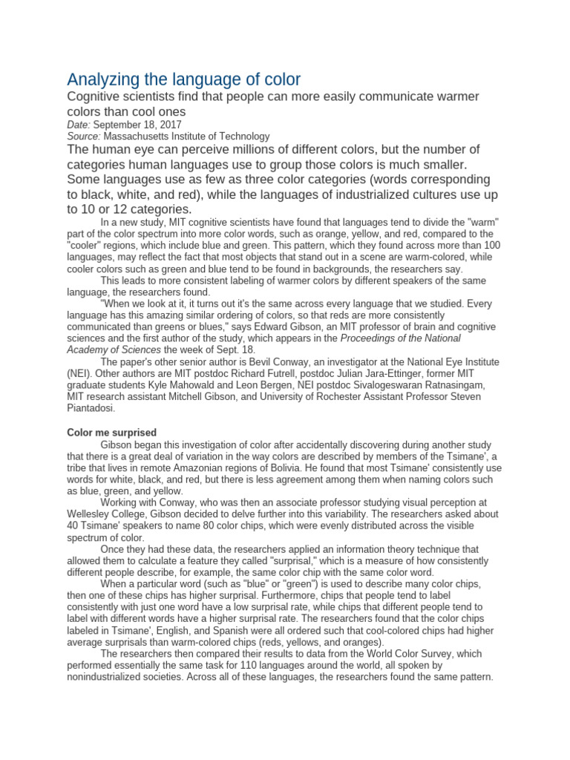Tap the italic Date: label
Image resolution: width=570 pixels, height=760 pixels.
(x=79, y=125)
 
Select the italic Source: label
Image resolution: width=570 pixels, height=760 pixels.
(x=84, y=137)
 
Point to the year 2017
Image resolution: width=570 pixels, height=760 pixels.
(x=169, y=125)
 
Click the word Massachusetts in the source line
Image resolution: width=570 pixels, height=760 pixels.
(x=140, y=137)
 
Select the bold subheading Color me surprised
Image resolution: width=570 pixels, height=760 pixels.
(x=112, y=433)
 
